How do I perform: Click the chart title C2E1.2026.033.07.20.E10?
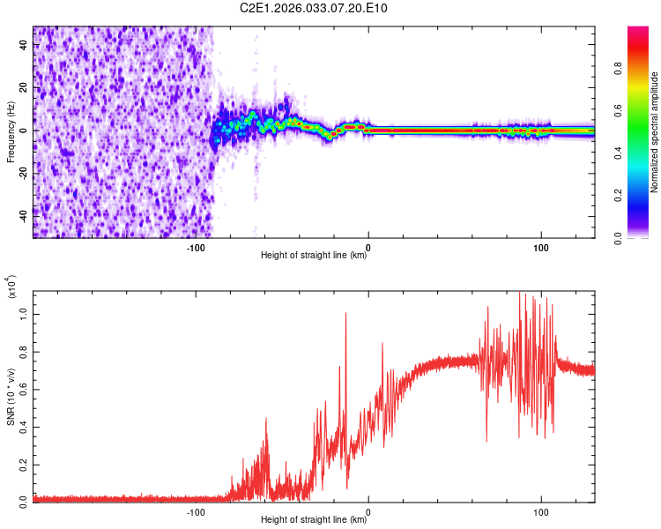(x=315, y=8)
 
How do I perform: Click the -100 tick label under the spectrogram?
(x=196, y=248)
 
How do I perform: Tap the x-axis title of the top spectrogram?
(x=314, y=257)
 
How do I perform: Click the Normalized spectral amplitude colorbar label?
(x=654, y=132)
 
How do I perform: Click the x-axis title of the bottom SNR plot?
(x=314, y=520)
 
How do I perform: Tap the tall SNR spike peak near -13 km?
(x=345, y=313)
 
